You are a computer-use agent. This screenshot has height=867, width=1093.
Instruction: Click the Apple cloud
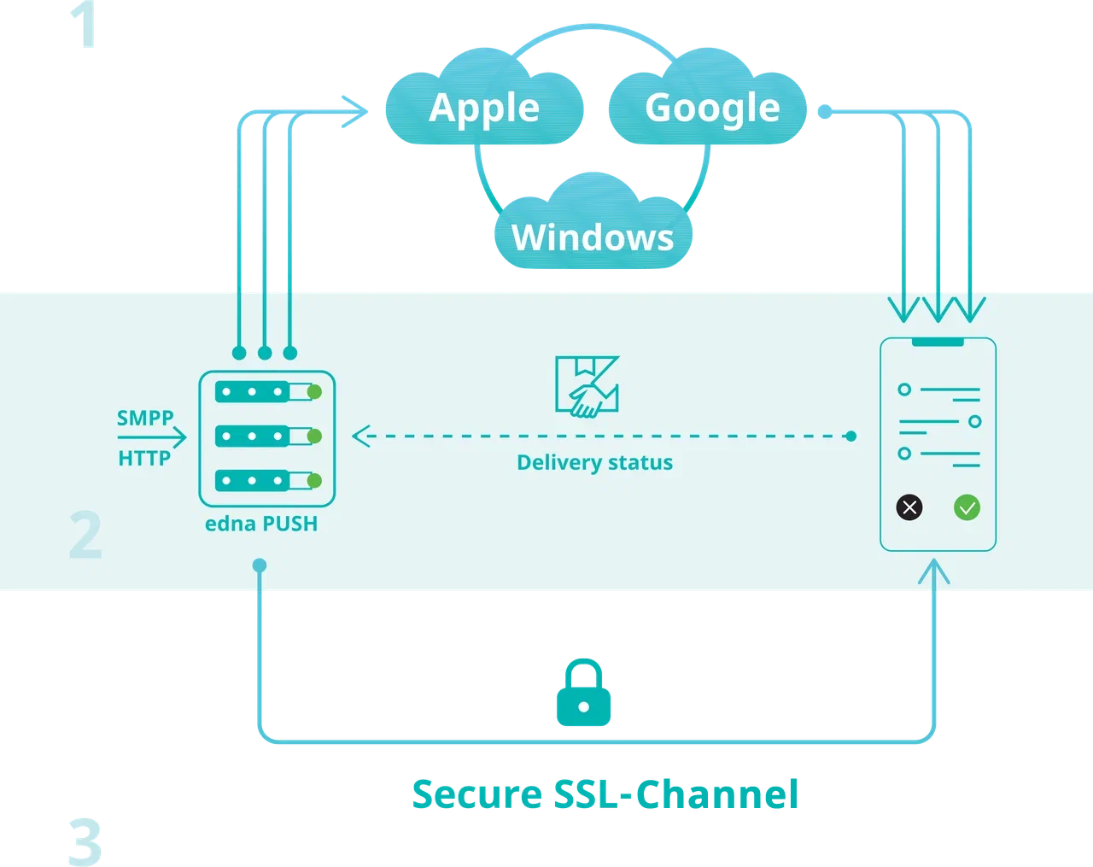(484, 108)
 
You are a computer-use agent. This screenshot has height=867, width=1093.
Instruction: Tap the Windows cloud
(593, 237)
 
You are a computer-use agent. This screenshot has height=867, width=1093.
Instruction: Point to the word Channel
(716, 794)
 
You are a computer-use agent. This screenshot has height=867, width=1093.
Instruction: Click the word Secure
(477, 794)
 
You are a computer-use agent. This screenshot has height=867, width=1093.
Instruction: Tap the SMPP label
(145, 418)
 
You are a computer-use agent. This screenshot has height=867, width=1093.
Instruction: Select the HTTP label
(144, 459)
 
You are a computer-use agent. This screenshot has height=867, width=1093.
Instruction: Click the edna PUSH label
(261, 524)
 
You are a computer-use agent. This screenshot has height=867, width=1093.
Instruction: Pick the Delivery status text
(594, 463)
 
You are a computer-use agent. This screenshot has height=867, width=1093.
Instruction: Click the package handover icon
(587, 387)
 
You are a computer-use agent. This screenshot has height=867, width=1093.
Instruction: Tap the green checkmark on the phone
(967, 507)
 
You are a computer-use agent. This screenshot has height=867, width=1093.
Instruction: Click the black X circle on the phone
(909, 507)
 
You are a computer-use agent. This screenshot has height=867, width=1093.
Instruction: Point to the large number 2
(85, 536)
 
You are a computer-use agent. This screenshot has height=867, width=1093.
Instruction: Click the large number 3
(85, 841)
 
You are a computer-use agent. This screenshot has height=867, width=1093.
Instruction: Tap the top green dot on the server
(314, 392)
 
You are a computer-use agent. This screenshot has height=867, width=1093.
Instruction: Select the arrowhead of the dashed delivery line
(360, 436)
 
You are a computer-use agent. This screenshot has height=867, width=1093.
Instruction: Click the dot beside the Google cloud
(824, 111)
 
